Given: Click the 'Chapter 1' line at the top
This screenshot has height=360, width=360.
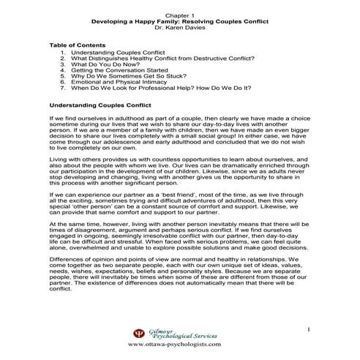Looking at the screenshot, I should (179, 15).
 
